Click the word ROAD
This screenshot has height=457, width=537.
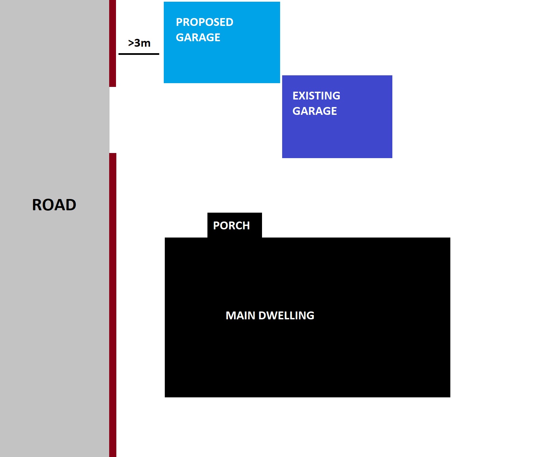tap(54, 205)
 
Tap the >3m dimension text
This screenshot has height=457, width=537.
tap(139, 43)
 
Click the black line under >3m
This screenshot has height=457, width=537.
tap(139, 54)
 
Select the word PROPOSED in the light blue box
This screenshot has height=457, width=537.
tap(205, 22)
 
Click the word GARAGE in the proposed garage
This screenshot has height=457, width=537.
tap(198, 37)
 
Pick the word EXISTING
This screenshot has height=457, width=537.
tap(316, 96)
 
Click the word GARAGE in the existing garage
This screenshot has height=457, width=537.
tap(315, 111)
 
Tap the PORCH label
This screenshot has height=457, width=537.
tap(231, 226)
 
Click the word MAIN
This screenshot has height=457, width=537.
tap(240, 316)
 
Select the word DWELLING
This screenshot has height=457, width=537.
tap(286, 316)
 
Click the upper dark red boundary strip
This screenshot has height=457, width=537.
tap(113, 43)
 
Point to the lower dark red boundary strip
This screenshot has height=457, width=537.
tap(113, 305)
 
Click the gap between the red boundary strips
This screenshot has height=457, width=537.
tap(113, 120)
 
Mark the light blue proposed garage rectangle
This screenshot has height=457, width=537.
tap(222, 43)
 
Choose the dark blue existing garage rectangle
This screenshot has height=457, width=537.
tap(337, 117)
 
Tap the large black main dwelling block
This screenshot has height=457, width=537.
tap(307, 317)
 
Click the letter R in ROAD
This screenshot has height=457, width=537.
tap(37, 205)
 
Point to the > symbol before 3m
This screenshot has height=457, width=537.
tap(131, 43)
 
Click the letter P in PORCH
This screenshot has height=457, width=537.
tap(216, 226)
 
